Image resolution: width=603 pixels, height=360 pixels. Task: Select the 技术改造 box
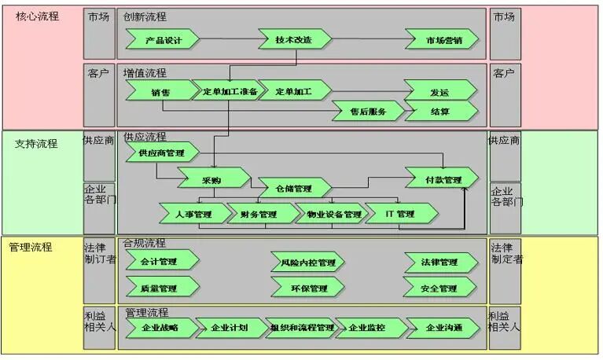[294, 39]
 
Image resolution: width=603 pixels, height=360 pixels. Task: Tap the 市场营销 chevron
[443, 39]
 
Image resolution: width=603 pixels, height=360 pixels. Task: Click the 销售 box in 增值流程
[161, 91]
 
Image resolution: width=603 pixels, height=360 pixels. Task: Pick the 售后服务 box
[368, 112]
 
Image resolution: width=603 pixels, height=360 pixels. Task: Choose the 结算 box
[440, 112]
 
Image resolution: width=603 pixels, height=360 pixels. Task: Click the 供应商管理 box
[161, 152]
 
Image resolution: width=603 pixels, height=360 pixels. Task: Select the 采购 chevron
[211, 179]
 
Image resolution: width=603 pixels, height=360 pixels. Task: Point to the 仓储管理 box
[293, 189]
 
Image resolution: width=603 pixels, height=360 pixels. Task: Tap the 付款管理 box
[442, 179]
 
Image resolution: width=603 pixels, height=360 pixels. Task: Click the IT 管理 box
[400, 214]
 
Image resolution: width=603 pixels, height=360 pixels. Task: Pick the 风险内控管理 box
[307, 262]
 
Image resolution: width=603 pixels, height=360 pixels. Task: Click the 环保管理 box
[307, 288]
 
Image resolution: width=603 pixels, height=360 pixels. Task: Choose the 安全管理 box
[439, 288]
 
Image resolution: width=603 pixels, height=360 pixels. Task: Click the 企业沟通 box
[443, 327]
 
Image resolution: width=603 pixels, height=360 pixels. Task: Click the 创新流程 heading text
[145, 17]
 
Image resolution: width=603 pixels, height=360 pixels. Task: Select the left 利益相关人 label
[100, 321]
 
